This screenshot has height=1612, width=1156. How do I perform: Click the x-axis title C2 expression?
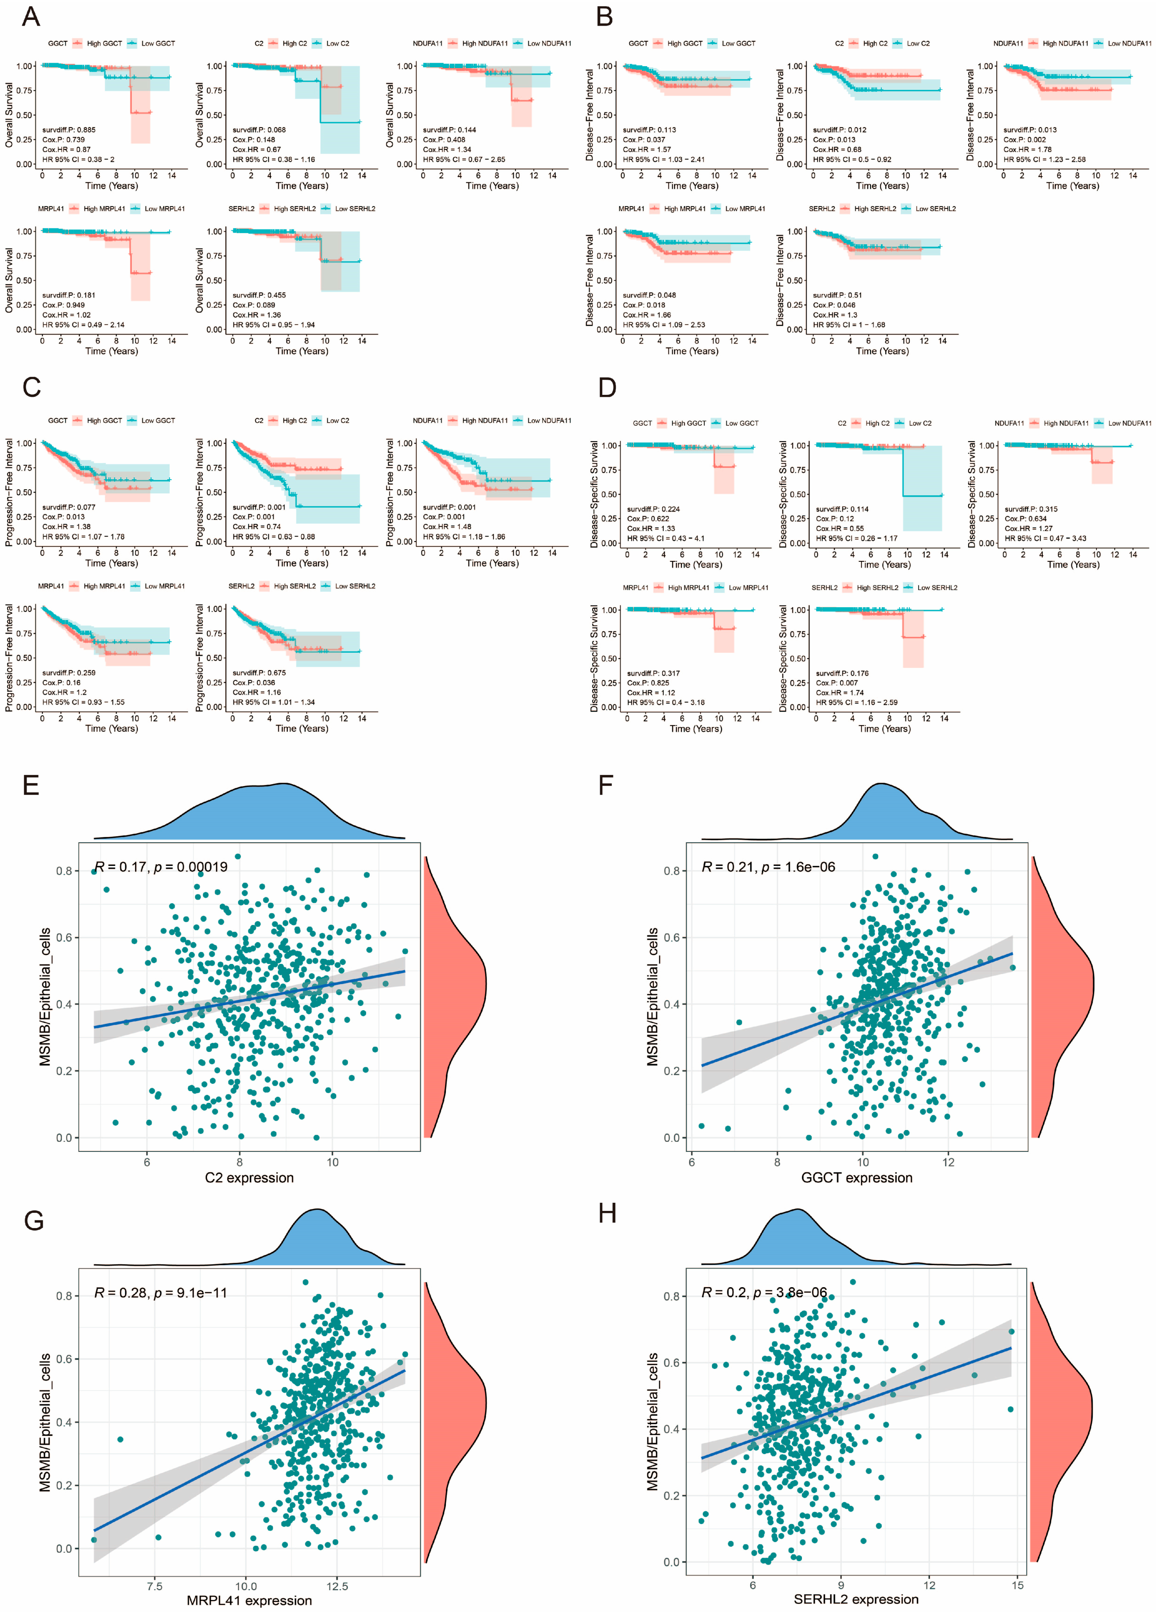tap(249, 1178)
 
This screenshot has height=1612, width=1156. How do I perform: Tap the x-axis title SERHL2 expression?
tap(856, 1599)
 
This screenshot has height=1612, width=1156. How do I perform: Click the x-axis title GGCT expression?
tap(857, 1178)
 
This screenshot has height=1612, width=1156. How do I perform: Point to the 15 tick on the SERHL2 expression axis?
tap(1018, 1585)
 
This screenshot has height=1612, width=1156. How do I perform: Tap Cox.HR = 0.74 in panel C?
tap(257, 527)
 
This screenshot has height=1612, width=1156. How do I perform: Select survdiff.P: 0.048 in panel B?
tap(649, 295)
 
